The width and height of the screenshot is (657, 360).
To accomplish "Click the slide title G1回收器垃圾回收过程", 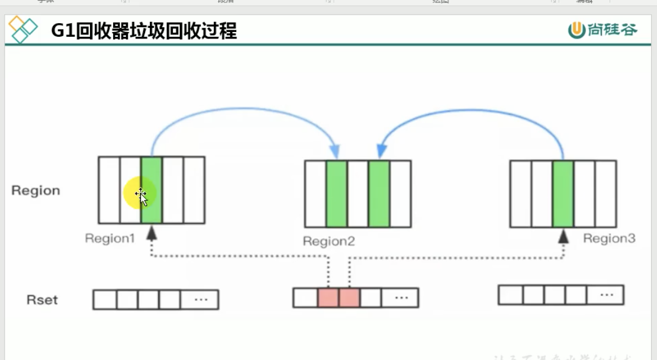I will [x=144, y=30].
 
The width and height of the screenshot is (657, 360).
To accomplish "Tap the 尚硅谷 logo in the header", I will [x=603, y=30].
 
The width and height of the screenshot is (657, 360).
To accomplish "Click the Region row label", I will [x=36, y=191].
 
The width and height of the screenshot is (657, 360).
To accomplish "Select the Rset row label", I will [x=42, y=300].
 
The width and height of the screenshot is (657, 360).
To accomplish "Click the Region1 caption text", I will [x=110, y=238].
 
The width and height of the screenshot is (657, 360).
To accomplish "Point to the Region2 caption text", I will [x=328, y=241].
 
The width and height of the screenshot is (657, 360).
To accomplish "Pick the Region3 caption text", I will [x=609, y=238].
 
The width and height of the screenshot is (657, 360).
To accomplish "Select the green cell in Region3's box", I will [x=563, y=194].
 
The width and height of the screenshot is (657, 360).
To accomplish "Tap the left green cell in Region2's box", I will [x=336, y=194].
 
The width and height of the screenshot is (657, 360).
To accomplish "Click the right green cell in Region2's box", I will [x=379, y=194].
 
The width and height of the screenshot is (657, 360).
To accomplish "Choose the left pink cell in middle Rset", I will [x=328, y=297].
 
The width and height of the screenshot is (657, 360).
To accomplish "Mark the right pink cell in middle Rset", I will [x=349, y=297].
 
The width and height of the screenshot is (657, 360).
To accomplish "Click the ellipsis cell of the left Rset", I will [x=200, y=300].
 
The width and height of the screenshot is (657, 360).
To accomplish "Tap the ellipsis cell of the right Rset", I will [x=606, y=294].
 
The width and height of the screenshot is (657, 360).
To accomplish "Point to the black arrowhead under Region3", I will [x=563, y=236].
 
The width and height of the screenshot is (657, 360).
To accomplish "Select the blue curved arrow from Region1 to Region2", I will [x=243, y=109].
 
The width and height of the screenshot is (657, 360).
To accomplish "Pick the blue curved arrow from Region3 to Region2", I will [x=474, y=110].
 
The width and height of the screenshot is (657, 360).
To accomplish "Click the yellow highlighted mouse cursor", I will [x=140, y=194].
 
